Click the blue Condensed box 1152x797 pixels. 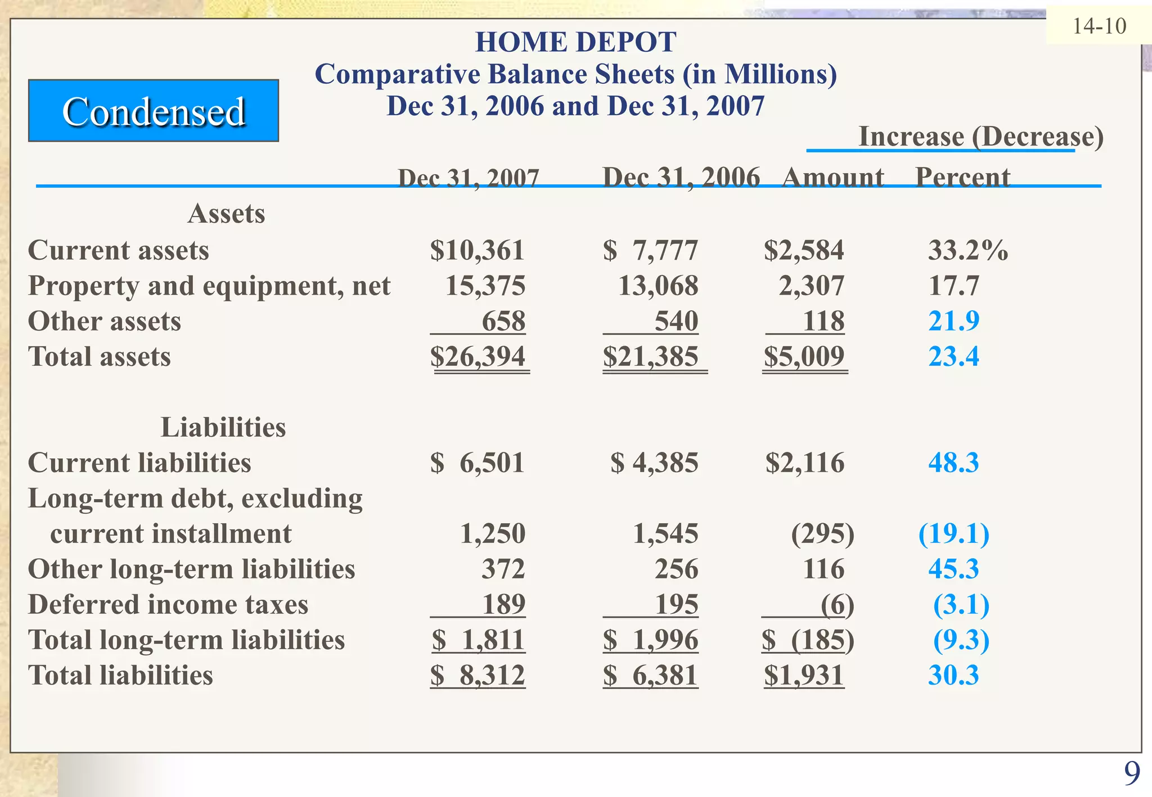click(x=153, y=111)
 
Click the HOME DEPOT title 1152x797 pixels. click(x=575, y=42)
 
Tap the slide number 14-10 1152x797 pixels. click(x=1099, y=26)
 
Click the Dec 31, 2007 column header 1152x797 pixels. click(x=468, y=178)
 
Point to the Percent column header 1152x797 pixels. click(x=962, y=177)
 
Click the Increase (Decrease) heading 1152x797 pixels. click(x=980, y=137)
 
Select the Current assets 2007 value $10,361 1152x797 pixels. click(x=477, y=250)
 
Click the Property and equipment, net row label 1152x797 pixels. click(x=209, y=286)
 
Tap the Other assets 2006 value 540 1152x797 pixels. click(x=676, y=321)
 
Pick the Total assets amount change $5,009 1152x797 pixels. click(x=804, y=356)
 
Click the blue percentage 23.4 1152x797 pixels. click(x=953, y=356)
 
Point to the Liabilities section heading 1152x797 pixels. click(x=223, y=427)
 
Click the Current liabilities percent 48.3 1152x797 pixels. click(x=953, y=463)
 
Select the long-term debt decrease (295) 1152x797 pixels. click(x=822, y=533)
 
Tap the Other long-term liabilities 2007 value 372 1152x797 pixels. click(x=503, y=569)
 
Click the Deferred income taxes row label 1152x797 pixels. click(x=168, y=605)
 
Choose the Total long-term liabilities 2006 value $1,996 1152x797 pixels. click(x=651, y=640)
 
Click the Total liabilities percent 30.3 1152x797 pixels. click(x=953, y=675)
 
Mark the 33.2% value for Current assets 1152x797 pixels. click(x=967, y=250)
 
